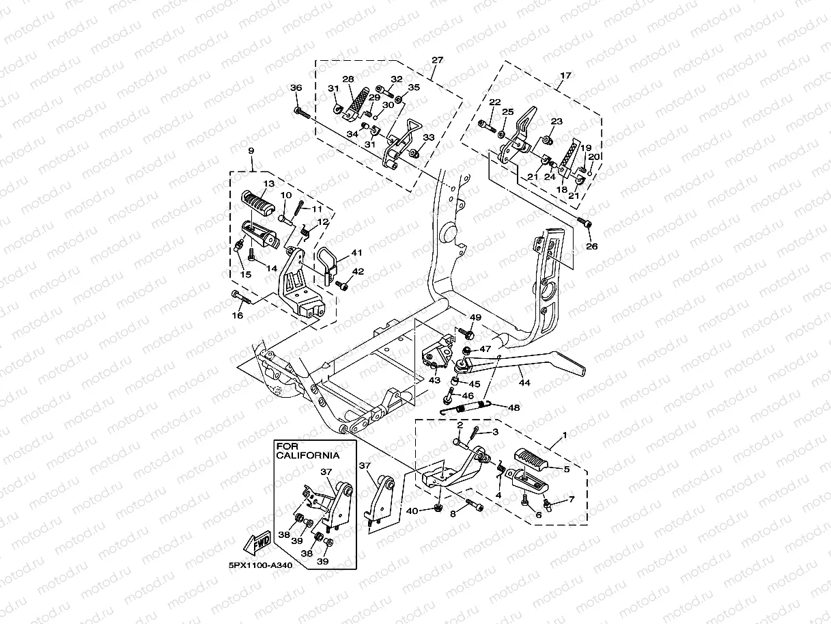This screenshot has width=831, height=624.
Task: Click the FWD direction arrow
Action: [257, 542]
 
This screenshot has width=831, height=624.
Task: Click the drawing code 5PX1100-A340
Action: [260, 566]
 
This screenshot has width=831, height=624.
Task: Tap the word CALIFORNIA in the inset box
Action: [308, 455]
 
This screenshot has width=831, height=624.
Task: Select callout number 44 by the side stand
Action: [524, 383]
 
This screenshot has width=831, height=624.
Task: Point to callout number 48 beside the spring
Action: [513, 407]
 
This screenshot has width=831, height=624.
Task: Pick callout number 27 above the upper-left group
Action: [437, 60]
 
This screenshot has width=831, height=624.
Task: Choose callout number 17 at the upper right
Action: [565, 75]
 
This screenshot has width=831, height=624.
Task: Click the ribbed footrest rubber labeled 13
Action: [257, 203]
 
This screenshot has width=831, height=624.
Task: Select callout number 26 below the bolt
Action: [592, 246]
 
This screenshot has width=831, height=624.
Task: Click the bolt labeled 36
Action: [302, 113]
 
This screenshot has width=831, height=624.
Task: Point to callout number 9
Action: [251, 151]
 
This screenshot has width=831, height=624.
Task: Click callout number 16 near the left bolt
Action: [238, 315]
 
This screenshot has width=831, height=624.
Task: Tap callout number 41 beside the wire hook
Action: [356, 252]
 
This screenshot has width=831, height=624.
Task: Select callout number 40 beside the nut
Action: [412, 511]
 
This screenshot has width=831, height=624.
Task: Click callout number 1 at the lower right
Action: [565, 435]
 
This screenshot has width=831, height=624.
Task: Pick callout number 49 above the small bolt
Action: [475, 317]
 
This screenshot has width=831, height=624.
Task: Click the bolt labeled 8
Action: [475, 505]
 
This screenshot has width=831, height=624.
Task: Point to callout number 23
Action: [557, 121]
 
